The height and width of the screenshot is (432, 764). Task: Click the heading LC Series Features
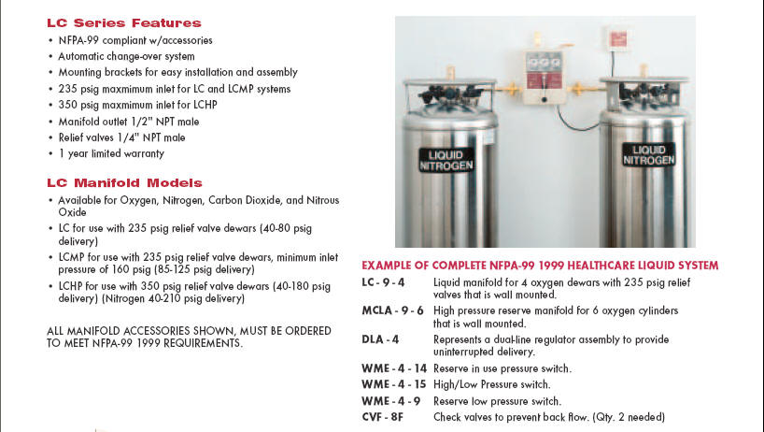[123, 22]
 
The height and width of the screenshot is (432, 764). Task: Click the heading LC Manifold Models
[123, 182]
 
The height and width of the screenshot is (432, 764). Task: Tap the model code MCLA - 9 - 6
[392, 310]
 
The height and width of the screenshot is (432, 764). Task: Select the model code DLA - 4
[380, 338]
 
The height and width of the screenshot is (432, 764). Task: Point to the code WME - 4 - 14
[393, 368]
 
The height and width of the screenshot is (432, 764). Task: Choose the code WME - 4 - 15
[393, 384]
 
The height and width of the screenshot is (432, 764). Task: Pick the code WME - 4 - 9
[390, 401]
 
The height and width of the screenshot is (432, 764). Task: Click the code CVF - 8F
[384, 417]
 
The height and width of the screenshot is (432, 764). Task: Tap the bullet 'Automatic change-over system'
[126, 56]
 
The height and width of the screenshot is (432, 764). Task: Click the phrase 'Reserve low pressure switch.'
[496, 401]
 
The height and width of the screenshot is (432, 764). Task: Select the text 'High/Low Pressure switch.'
[491, 384]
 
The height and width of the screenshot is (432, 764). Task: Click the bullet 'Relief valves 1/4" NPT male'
[122, 137]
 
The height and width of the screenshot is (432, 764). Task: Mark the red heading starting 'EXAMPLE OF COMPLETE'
[540, 266]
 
